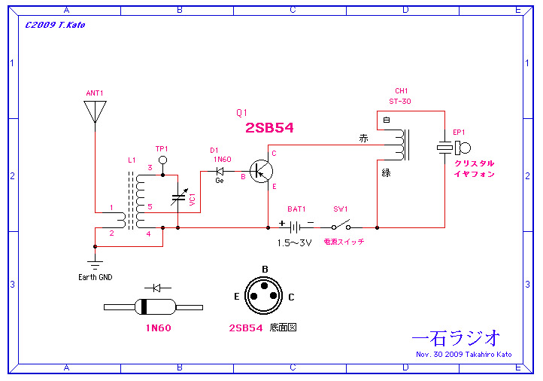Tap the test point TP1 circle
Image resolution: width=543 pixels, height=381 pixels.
click(x=162, y=160)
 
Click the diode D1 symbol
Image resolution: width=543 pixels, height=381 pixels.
click(x=220, y=171)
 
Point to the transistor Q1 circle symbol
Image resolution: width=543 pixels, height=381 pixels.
click(x=262, y=172)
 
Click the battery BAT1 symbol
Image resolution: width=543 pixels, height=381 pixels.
click(x=296, y=226)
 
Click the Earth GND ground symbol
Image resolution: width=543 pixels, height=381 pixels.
click(x=95, y=264)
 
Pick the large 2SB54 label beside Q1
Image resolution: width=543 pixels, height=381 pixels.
click(x=269, y=129)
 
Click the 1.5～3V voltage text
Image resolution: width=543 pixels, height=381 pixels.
click(x=294, y=242)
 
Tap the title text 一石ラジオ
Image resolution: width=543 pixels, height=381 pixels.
click(x=457, y=338)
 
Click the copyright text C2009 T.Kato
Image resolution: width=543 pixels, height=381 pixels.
click(x=55, y=24)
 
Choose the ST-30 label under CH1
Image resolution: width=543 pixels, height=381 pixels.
click(x=400, y=102)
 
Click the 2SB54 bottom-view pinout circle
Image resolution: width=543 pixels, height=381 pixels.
click(x=265, y=296)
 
